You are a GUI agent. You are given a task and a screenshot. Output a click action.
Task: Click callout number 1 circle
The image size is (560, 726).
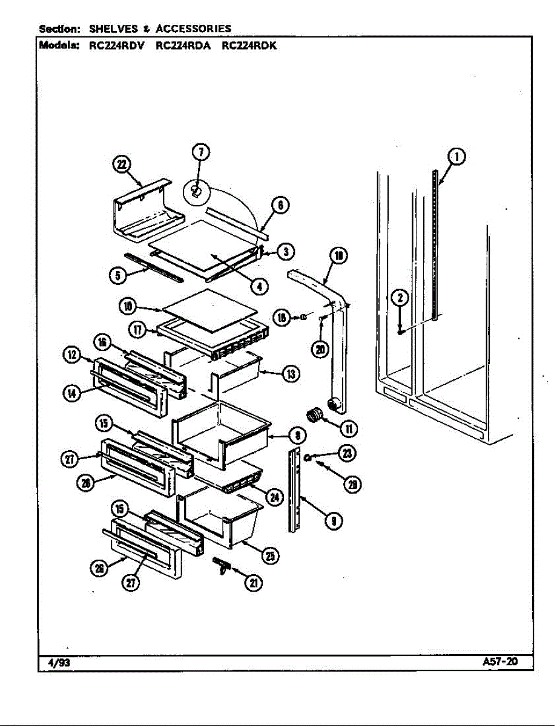click(x=457, y=157)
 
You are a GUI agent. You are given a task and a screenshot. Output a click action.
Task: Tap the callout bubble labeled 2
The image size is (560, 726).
click(x=400, y=298)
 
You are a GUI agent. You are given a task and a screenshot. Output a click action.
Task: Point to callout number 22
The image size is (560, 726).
click(x=124, y=165)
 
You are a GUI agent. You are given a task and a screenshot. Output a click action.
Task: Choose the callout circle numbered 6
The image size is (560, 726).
click(x=280, y=206)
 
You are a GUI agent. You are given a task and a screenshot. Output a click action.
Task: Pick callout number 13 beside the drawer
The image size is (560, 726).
click(x=291, y=374)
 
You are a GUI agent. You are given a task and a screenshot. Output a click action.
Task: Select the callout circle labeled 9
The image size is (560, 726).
click(x=332, y=520)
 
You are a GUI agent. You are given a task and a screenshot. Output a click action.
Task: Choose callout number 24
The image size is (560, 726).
click(x=274, y=497)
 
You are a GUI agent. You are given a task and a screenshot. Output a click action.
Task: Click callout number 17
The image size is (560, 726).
click(x=139, y=330)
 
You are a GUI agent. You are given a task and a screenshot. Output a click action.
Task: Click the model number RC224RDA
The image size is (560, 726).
click(x=183, y=45)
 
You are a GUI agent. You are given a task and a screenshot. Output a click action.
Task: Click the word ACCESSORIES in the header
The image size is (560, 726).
click(x=193, y=28)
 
